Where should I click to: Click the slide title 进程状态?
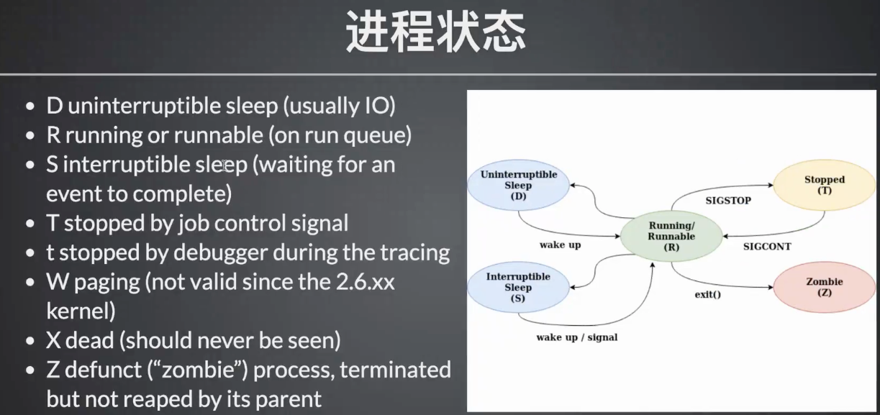[435, 32]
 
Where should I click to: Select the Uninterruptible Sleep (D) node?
[518, 185]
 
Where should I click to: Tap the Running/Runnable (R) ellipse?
[671, 236]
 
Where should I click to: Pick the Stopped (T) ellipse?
[824, 185]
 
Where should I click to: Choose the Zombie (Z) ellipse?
[824, 287]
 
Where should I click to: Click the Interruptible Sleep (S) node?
[518, 287]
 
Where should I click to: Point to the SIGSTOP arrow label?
[728, 201]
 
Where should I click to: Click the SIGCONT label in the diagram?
[767, 247]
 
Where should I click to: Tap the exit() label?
[707, 294]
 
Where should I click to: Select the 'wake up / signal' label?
[577, 337]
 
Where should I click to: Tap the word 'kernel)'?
[81, 311]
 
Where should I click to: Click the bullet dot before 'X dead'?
[30, 341]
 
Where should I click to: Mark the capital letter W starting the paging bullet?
[58, 282]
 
